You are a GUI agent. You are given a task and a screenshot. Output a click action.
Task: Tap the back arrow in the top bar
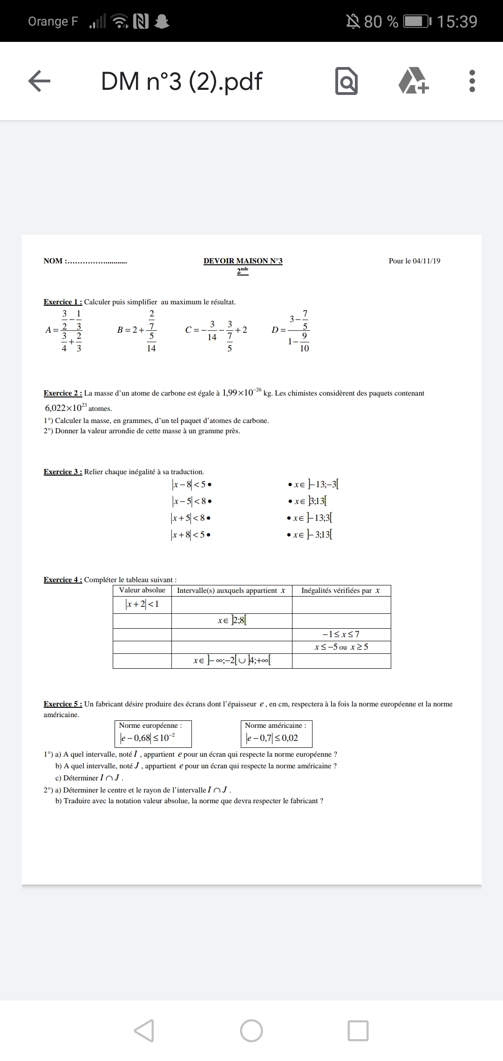coord(40,81)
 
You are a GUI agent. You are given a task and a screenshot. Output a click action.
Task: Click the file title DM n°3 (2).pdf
coord(182,81)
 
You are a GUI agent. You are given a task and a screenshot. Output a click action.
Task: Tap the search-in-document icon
coord(347,81)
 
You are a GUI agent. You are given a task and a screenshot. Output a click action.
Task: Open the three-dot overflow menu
coord(472,81)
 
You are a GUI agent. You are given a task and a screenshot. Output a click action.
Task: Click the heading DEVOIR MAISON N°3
coord(243,261)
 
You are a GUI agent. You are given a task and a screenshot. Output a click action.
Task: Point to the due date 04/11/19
coord(426,261)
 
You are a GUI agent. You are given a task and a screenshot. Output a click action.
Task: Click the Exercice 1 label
coord(63,302)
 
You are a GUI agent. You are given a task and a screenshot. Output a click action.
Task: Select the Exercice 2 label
coord(63,393)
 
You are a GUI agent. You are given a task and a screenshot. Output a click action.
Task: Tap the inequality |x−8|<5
coord(189,485)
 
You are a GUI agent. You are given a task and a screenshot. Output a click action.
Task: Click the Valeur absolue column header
coord(142,591)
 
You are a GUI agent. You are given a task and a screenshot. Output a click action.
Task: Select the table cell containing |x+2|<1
coord(142,604)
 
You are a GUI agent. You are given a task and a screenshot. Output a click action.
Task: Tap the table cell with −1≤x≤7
coord(341,634)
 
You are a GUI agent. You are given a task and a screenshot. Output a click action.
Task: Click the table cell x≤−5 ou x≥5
coord(341,647)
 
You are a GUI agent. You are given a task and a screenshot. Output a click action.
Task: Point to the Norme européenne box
coord(153,733)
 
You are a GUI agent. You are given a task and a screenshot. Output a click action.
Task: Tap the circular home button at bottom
coord(251,1030)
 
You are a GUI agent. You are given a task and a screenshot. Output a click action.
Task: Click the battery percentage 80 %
coord(381,21)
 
